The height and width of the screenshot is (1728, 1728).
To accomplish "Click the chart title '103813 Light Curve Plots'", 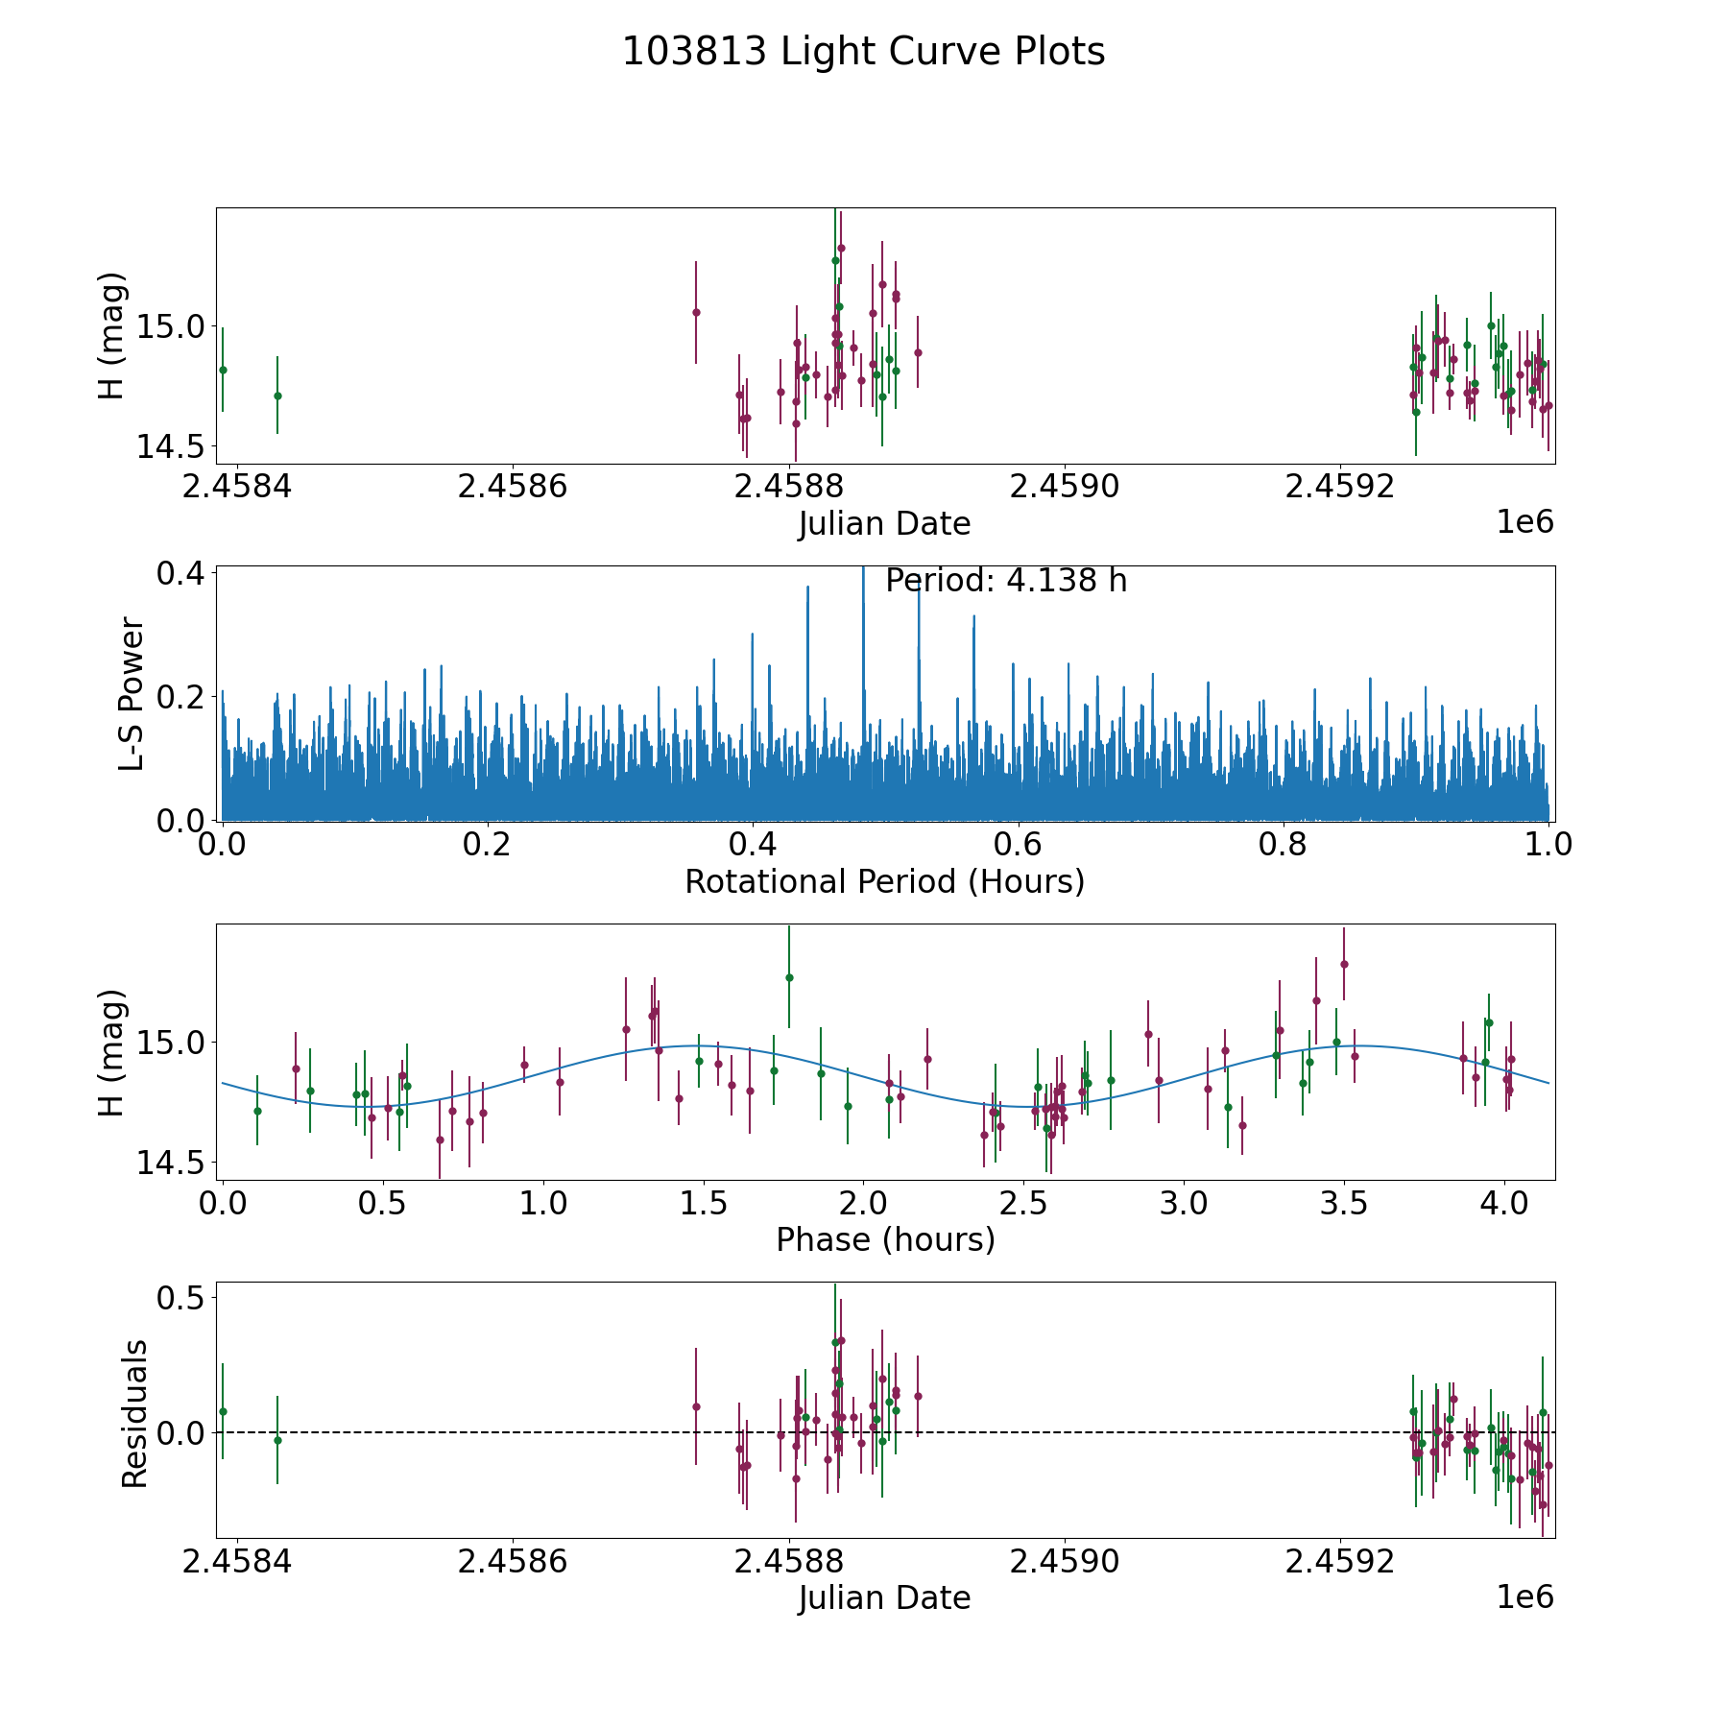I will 863,52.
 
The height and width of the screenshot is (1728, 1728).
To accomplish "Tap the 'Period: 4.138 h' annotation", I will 1005,581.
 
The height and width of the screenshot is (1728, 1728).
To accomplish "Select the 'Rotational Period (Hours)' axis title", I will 884,881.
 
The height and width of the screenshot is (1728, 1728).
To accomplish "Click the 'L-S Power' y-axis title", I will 132,693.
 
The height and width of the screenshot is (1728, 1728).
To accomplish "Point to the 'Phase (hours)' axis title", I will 884,1239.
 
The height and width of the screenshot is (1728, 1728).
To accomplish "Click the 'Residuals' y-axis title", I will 134,1413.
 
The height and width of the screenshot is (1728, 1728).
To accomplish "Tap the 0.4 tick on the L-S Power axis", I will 180,573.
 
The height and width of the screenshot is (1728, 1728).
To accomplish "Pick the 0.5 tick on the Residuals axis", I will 180,1298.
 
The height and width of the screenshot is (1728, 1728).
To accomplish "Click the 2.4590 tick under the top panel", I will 1065,487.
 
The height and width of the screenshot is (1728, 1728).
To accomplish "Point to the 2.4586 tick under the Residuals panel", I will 513,1562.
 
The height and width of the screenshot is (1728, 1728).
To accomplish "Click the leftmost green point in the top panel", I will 223,370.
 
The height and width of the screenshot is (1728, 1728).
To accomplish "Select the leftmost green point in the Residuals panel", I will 223,1411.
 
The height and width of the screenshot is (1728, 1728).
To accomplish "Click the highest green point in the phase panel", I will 789,977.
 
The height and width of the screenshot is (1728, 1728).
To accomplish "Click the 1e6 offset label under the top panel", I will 1524,522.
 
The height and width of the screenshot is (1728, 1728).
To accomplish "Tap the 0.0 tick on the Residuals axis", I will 180,1432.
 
